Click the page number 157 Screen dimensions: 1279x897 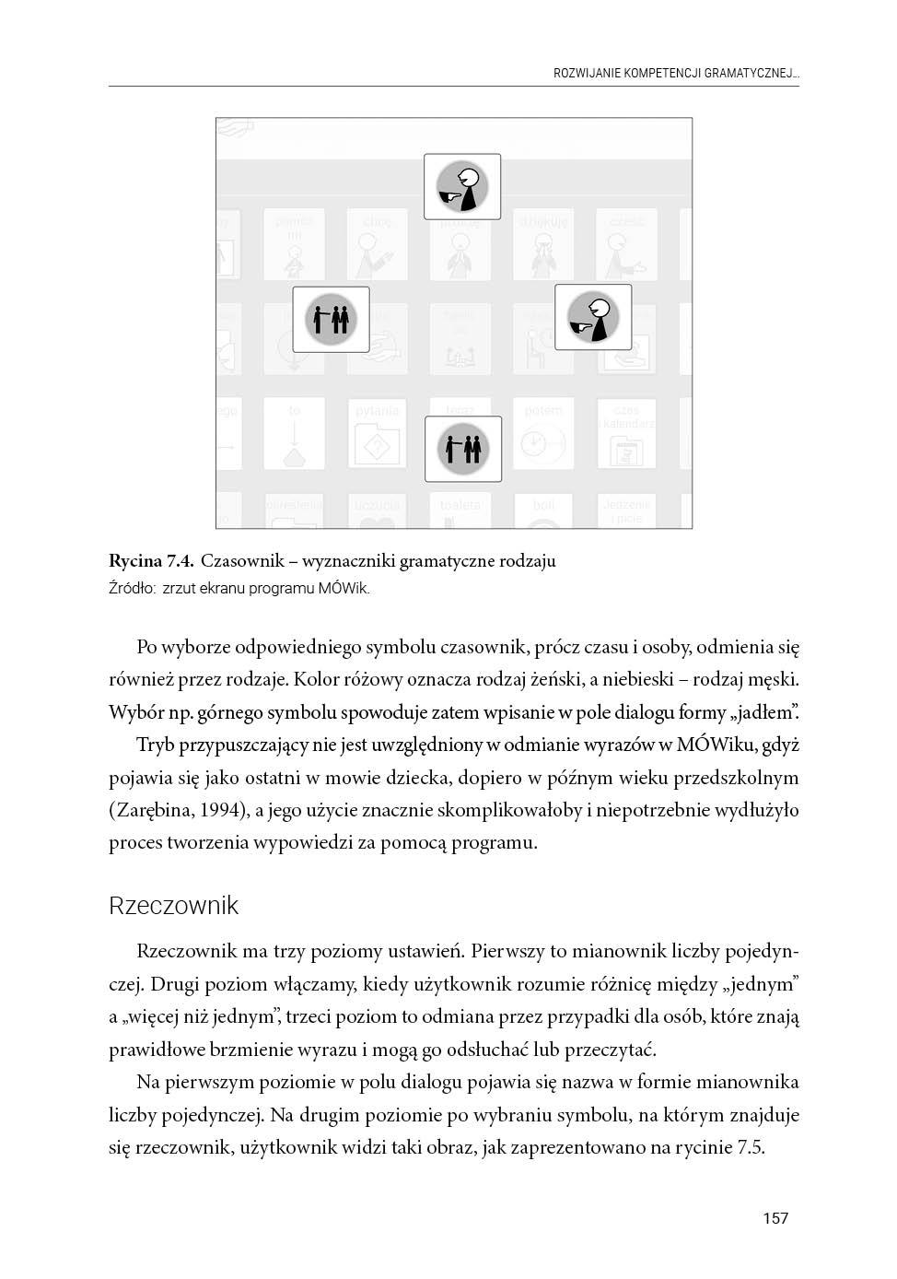(x=775, y=1218)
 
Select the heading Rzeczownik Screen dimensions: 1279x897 (x=173, y=906)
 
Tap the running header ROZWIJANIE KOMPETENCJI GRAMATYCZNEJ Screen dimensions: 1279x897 (x=675, y=72)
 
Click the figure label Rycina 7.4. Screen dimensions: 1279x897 (x=151, y=560)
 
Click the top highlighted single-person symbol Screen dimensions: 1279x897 (x=462, y=187)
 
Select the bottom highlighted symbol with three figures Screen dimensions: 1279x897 (x=463, y=449)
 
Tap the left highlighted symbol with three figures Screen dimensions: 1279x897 (x=331, y=319)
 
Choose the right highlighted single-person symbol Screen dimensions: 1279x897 (x=592, y=317)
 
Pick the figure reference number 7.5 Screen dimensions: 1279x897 (x=751, y=1147)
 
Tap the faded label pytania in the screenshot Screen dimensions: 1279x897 (x=378, y=411)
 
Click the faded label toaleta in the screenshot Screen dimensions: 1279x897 (x=460, y=505)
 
